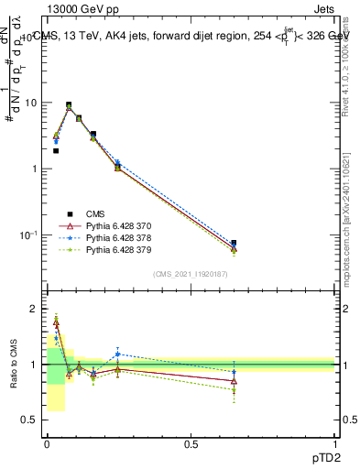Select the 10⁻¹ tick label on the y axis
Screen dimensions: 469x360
29,235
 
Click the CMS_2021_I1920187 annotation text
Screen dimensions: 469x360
191,274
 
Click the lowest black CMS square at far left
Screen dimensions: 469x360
56,150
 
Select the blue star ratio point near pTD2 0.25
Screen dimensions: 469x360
117,354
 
